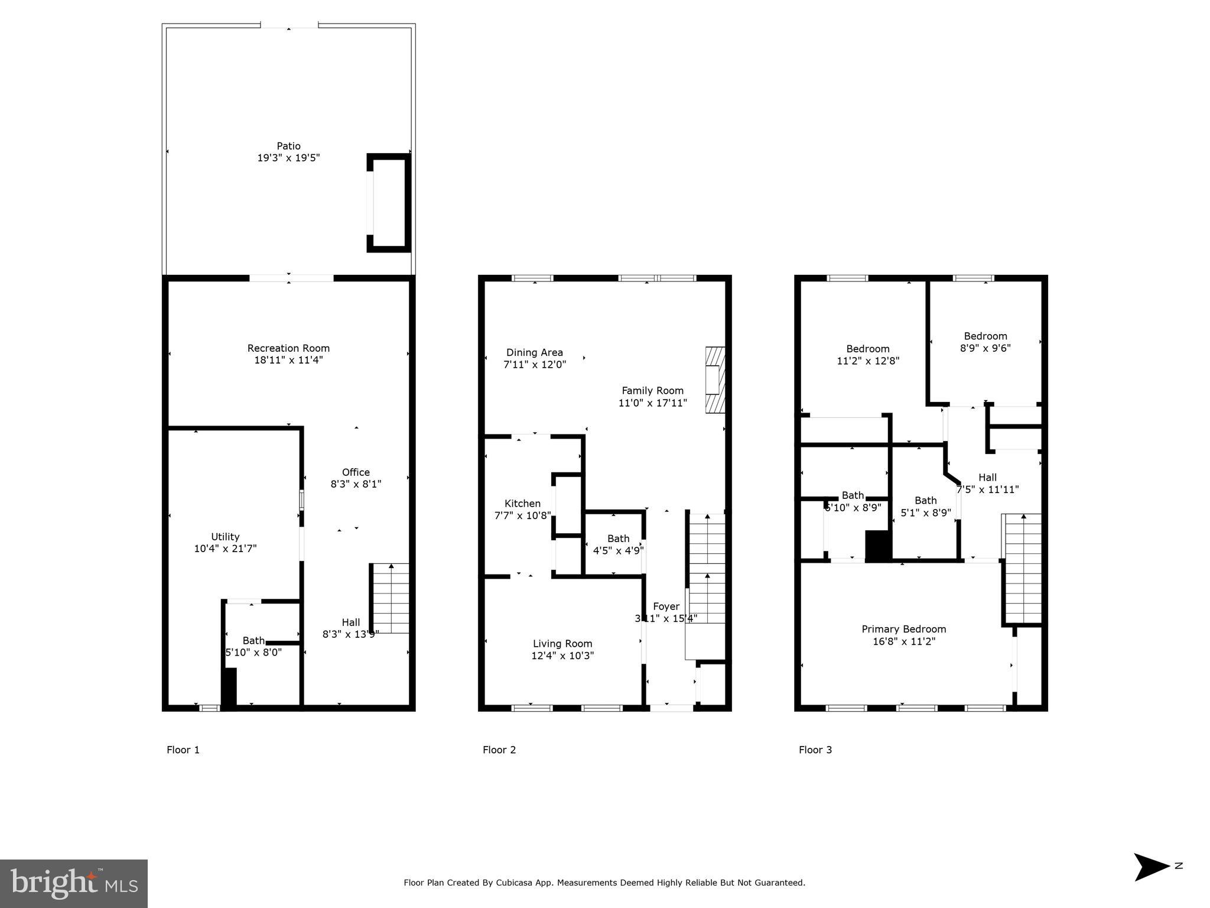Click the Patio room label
(288, 146)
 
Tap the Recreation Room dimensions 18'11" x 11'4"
(288, 360)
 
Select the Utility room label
(225, 537)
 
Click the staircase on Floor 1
(391, 598)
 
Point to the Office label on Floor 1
(356, 472)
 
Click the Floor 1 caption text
(183, 750)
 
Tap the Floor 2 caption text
(499, 750)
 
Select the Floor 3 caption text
(815, 750)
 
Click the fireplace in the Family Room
(715, 380)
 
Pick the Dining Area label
(534, 353)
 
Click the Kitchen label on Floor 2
(522, 504)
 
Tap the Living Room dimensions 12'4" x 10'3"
(562, 656)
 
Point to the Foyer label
(666, 607)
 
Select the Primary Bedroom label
(903, 629)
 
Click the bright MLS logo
(74, 883)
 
